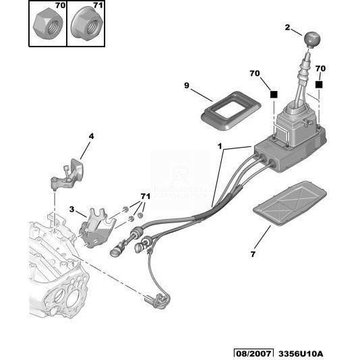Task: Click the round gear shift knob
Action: point(312,40)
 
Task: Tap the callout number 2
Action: point(287,28)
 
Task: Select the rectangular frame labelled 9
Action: point(231,111)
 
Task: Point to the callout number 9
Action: point(187,86)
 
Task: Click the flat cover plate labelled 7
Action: point(289,203)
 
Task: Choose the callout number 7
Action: point(253,254)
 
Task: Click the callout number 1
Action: point(220,146)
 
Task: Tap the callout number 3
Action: point(72,209)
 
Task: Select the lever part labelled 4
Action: point(67,174)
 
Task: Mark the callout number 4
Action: point(91,136)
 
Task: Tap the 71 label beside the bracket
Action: point(146,197)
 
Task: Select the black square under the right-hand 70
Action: point(319,85)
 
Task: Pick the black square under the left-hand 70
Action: point(274,94)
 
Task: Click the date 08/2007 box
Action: point(253,354)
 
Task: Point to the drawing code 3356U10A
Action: point(301,354)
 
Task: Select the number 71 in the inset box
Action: point(98,5)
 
